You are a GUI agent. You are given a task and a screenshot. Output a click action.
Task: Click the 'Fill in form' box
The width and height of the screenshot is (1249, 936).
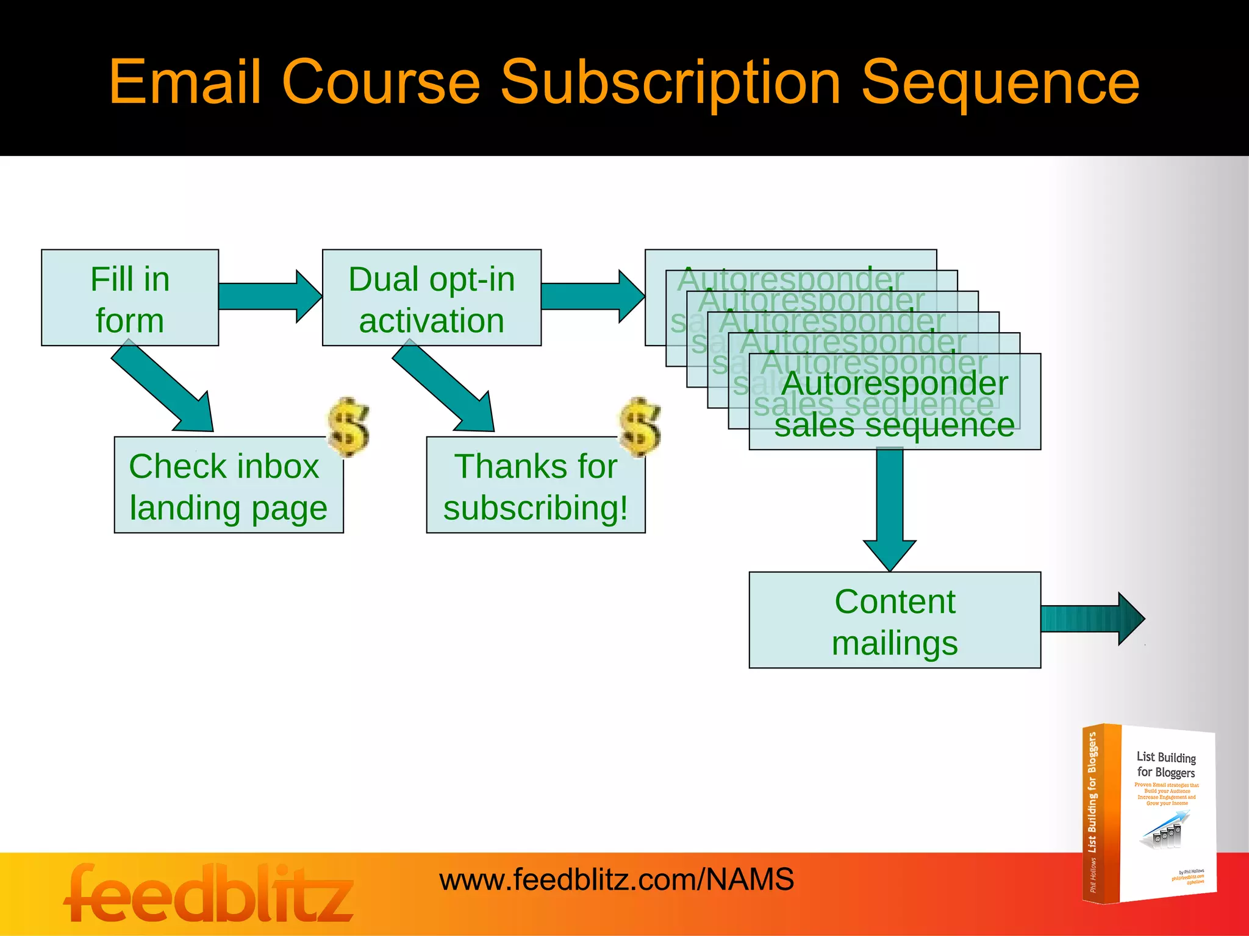[129, 298]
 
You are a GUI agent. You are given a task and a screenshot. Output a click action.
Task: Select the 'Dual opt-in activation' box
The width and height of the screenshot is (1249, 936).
[431, 298]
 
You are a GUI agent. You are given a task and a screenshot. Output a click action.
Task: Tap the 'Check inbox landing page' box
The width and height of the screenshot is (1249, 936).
[228, 486]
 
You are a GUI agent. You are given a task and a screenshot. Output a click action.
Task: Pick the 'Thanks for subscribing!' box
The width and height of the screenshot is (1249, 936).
[535, 486]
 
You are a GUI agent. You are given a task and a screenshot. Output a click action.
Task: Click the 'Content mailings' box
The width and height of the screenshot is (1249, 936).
[894, 620]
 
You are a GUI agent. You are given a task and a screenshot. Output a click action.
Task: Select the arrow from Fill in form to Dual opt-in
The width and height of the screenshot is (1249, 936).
[268, 296]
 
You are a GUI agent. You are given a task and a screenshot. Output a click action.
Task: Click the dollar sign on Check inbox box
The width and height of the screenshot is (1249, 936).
[348, 427]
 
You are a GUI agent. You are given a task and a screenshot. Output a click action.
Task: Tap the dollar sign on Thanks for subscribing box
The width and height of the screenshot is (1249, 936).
[640, 427]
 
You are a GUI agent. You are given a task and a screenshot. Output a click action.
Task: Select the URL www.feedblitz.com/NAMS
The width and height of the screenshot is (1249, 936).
[616, 880]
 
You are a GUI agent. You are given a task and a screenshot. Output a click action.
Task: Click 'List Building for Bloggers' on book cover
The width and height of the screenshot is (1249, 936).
[1165, 765]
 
